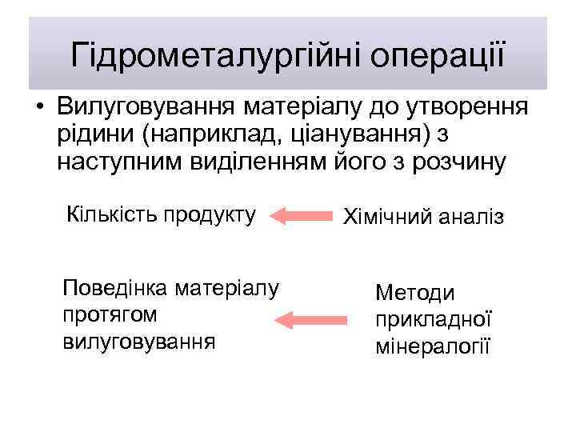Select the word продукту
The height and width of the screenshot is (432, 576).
[x=210, y=214]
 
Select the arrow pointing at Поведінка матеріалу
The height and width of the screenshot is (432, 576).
[x=314, y=322]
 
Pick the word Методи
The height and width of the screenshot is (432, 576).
[x=414, y=294]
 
